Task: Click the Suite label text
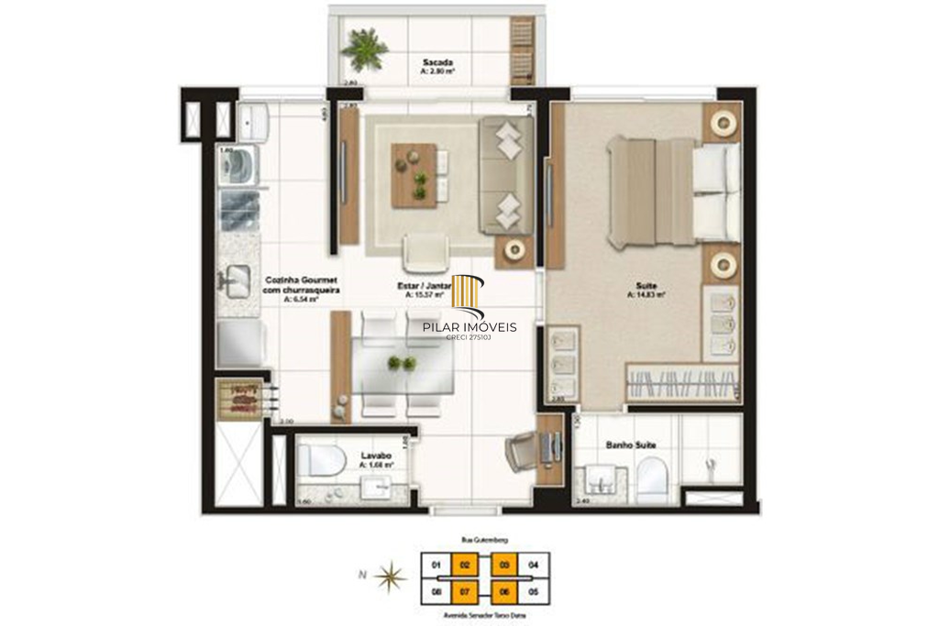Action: (x=646, y=289)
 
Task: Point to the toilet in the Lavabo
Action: (x=317, y=460)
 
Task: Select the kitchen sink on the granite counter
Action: (x=237, y=279)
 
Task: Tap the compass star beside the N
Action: (x=392, y=577)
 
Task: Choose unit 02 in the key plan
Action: (x=465, y=565)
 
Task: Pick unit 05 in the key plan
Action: (x=535, y=593)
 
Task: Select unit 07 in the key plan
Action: (x=465, y=593)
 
